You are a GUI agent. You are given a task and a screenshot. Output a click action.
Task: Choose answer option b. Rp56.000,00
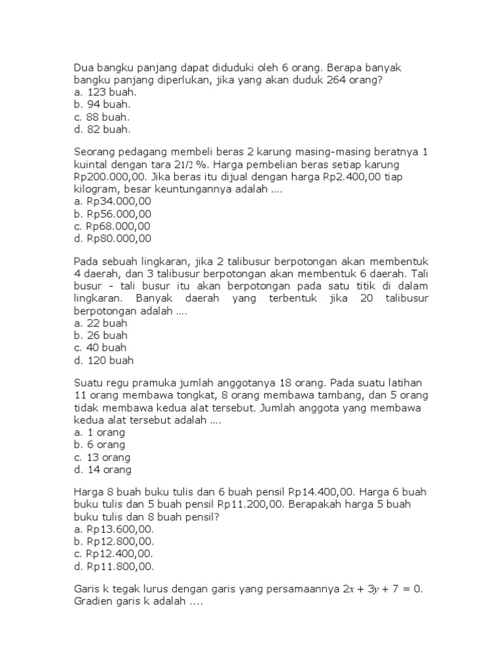112,214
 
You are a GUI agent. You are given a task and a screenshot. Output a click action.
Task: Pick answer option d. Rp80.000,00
112,239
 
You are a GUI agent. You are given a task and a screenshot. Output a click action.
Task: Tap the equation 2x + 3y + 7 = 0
384,590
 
